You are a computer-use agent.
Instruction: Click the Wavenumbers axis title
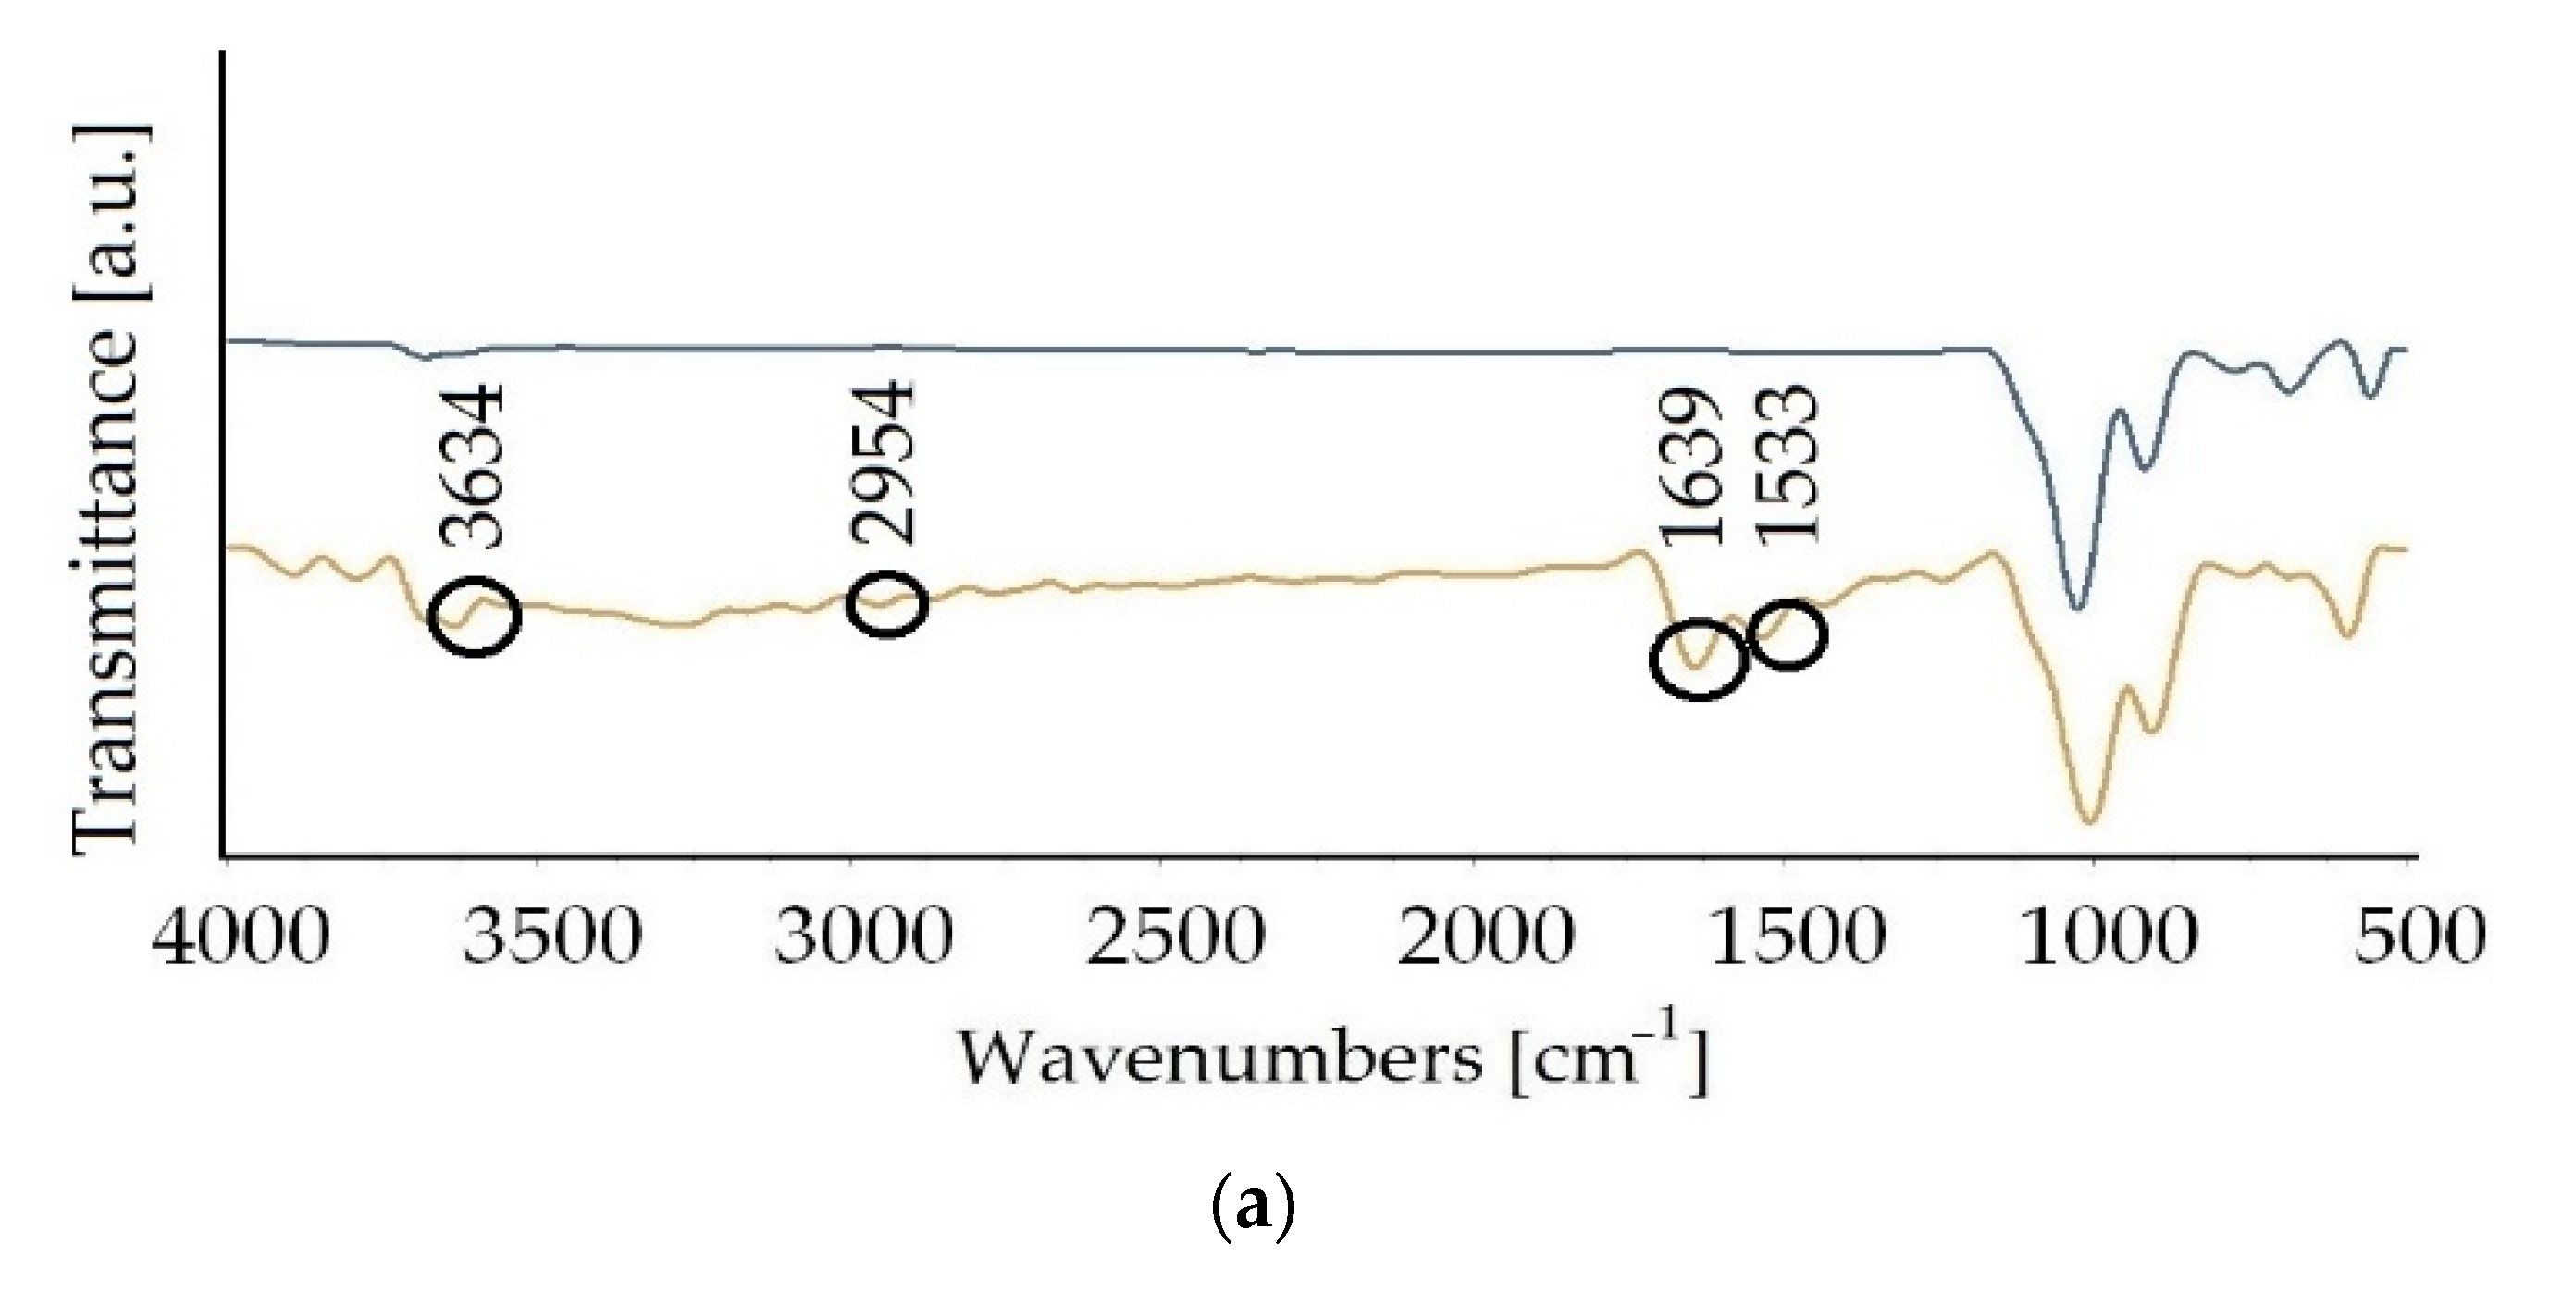click(x=1332, y=1061)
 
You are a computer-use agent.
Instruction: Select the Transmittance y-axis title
click(x=107, y=488)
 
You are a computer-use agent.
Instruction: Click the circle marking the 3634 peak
click(x=476, y=615)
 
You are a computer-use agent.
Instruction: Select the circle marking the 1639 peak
click(x=1698, y=659)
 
